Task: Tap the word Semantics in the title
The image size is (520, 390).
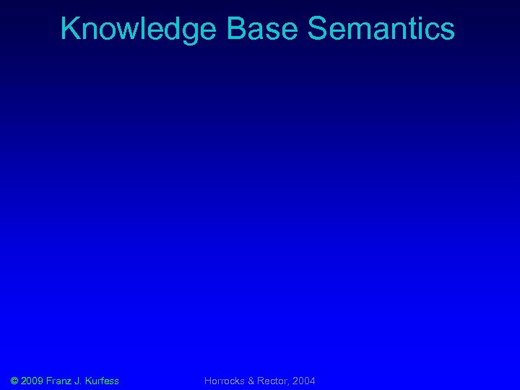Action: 381,29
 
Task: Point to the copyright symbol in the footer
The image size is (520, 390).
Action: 15,381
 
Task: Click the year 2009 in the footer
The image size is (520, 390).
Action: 32,381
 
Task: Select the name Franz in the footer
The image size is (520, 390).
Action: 60,381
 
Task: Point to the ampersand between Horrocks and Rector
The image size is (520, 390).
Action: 252,381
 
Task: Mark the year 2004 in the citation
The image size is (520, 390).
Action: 304,381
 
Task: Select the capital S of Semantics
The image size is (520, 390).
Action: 317,29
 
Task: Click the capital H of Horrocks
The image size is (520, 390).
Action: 208,381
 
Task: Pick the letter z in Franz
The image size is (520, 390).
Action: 71,381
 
